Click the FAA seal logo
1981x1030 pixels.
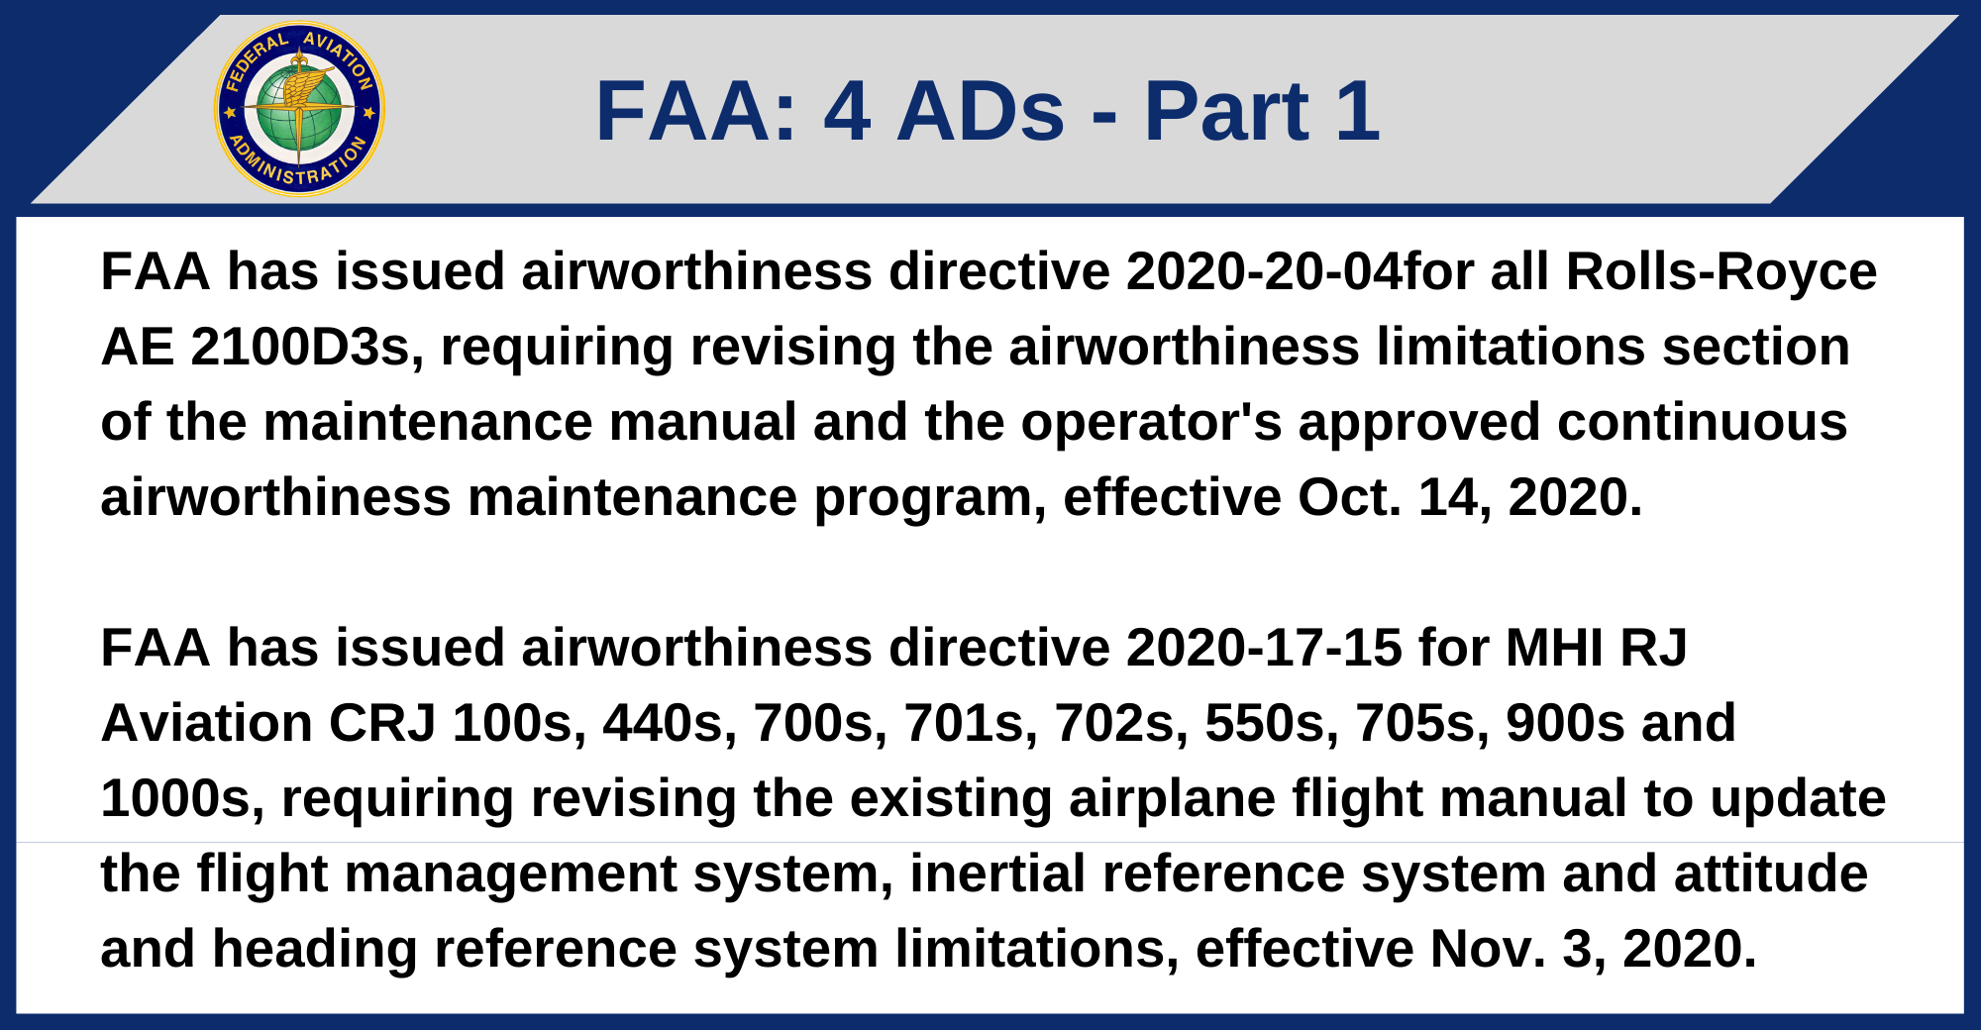pos(299,109)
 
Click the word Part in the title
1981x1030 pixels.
pos(1226,111)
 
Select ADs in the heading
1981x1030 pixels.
pos(981,111)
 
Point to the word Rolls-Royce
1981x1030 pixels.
pos(1721,271)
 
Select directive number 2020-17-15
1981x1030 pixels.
pos(1264,648)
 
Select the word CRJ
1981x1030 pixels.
pos(382,723)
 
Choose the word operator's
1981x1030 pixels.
pos(1151,422)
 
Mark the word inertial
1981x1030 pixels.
pos(997,874)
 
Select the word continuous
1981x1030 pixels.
pos(1703,422)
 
